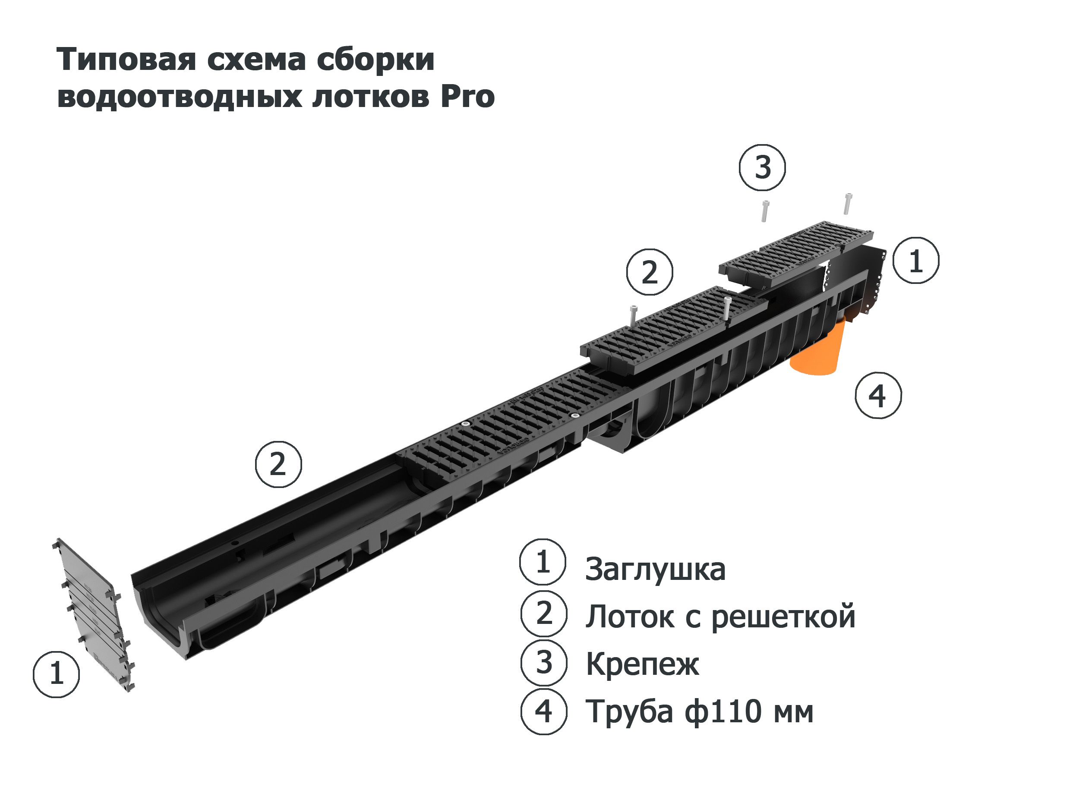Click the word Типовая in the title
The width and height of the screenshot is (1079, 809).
(126, 60)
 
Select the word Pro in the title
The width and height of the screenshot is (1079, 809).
(468, 97)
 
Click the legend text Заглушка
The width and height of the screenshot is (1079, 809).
(655, 570)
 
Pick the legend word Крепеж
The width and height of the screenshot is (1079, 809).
(642, 664)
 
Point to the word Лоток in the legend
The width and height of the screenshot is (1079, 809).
(631, 617)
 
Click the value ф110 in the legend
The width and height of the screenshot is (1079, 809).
(722, 711)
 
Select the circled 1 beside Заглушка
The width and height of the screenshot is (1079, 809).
(543, 562)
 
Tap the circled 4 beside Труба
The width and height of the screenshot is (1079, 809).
(543, 711)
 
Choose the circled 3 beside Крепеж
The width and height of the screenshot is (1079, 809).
(543, 664)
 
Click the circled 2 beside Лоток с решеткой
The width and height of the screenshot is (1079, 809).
(543, 614)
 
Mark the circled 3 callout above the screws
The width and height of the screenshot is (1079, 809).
(763, 167)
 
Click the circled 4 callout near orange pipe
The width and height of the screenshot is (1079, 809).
(878, 396)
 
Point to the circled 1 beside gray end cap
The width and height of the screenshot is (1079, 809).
(56, 674)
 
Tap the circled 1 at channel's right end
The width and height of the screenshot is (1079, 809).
(915, 261)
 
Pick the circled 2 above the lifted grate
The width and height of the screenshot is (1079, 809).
(649, 272)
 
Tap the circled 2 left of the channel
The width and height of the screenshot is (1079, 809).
(278, 464)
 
